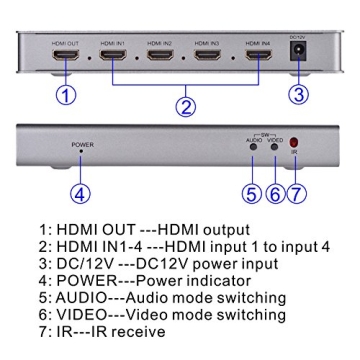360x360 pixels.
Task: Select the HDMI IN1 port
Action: (112, 57)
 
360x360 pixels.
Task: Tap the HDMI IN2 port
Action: (160, 57)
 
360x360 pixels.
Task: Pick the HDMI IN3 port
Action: (207, 57)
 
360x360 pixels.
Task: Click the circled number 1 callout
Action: (65, 95)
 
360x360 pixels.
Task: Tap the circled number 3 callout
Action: (297, 95)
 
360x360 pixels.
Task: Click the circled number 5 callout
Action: (250, 194)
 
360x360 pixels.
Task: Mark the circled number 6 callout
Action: (273, 194)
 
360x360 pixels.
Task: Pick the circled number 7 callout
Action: (295, 194)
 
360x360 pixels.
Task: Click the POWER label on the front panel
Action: (82, 145)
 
